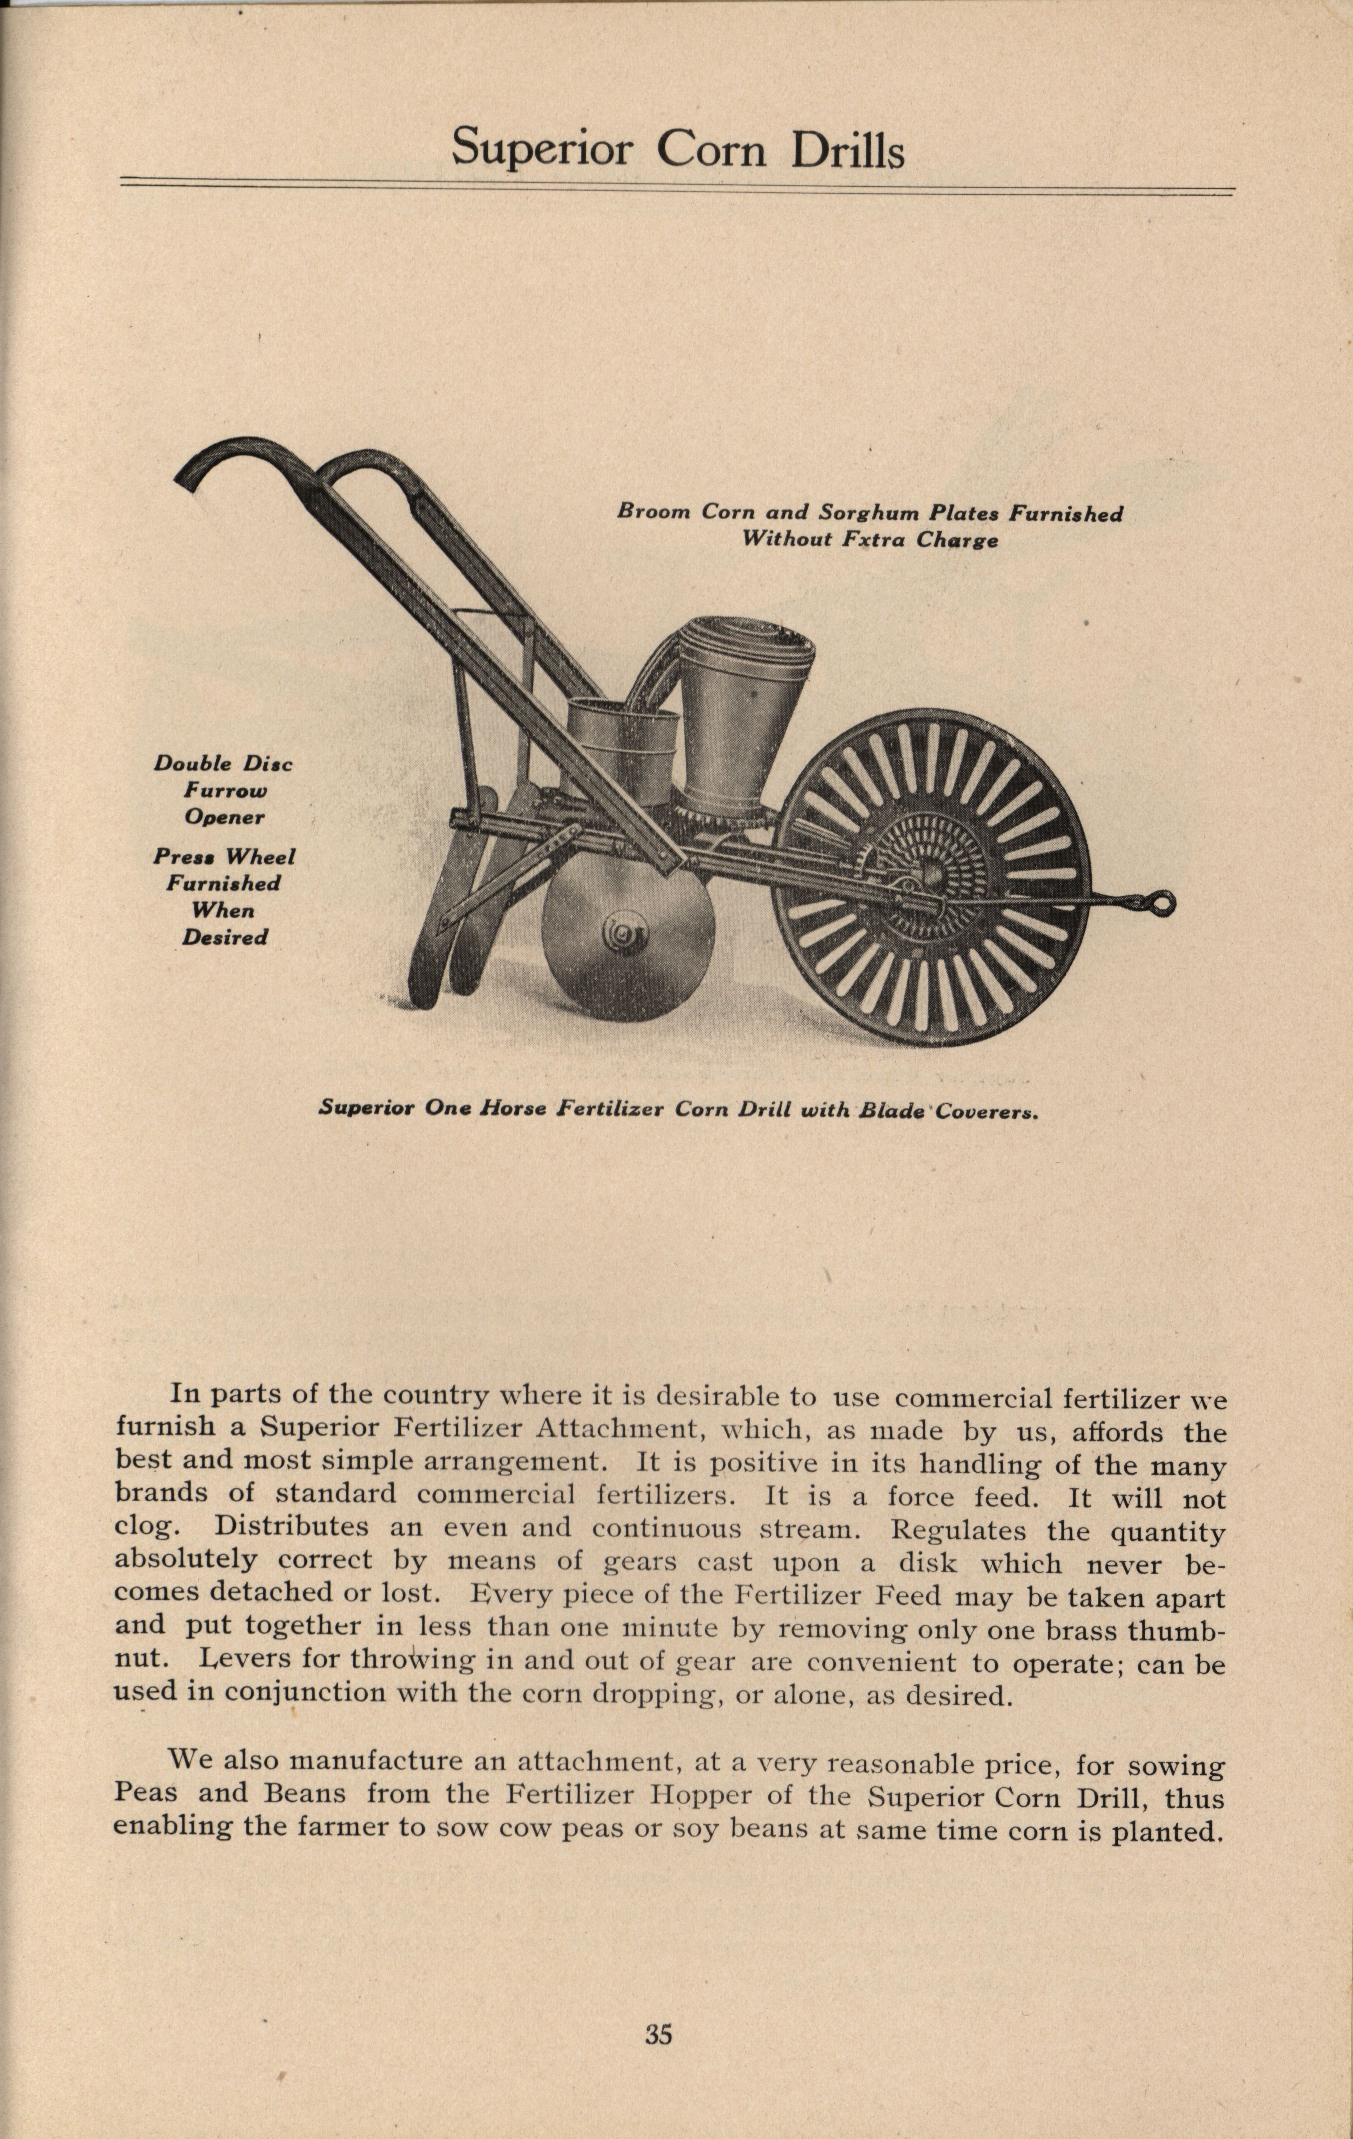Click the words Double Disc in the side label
pos(223,764)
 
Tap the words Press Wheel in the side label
pos(224,857)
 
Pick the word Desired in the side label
pos(225,937)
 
